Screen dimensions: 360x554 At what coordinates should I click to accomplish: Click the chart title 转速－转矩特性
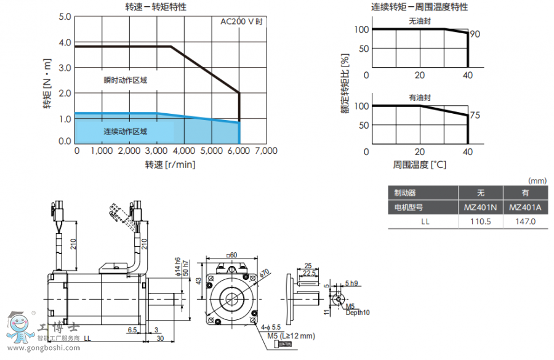pos(157,7)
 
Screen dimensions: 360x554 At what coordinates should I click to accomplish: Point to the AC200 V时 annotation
pos(242,22)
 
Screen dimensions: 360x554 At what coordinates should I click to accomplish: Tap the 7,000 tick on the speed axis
pos(266,151)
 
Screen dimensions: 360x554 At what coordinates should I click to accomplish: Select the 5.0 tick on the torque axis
pos(65,16)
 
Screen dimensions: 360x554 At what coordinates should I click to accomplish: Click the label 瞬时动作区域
pos(126,80)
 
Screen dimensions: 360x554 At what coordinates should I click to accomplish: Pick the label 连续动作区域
pos(126,131)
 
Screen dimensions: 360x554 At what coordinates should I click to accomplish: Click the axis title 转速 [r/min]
pos(171,164)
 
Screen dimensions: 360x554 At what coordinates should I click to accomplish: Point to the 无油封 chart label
pos(420,21)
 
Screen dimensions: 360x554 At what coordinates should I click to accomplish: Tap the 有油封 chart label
pos(420,97)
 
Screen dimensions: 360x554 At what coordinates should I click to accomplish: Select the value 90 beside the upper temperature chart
pos(475,34)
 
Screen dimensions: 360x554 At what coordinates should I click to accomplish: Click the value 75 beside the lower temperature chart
pos(475,115)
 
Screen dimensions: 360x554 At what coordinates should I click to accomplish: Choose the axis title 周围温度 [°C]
pos(420,165)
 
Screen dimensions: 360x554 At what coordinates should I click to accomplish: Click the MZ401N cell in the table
pos(481,207)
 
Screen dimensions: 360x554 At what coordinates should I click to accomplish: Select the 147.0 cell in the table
pos(525,222)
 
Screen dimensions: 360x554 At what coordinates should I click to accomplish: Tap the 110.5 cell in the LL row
pos(481,222)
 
